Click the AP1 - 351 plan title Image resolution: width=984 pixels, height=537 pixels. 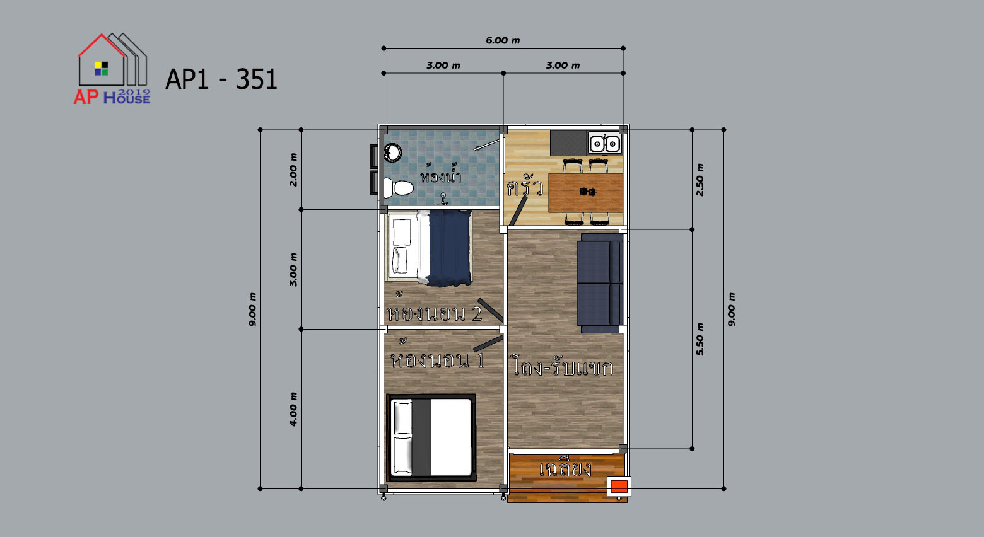pos(221,79)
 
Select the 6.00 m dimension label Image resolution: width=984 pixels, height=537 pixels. pos(503,40)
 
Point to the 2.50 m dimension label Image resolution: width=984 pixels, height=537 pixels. pos(700,180)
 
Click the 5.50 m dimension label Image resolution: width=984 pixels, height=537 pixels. pos(700,339)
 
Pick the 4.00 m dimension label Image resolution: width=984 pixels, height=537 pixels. pos(293,409)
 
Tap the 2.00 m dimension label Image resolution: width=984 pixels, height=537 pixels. pos(293,170)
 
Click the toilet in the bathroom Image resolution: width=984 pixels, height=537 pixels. pos(399,188)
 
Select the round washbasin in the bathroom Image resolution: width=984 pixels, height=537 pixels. pos(392,153)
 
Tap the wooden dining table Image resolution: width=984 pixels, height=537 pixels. pos(585,192)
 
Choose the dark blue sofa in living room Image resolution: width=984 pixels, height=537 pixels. pos(600,283)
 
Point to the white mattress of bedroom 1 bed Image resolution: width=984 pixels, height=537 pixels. pos(450,437)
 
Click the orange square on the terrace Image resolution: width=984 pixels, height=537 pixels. pos(619,487)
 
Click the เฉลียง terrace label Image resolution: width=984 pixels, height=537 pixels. pos(566,468)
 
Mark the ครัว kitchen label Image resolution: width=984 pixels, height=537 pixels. pos(525,187)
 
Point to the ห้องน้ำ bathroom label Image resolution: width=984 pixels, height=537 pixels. pos(441,175)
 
